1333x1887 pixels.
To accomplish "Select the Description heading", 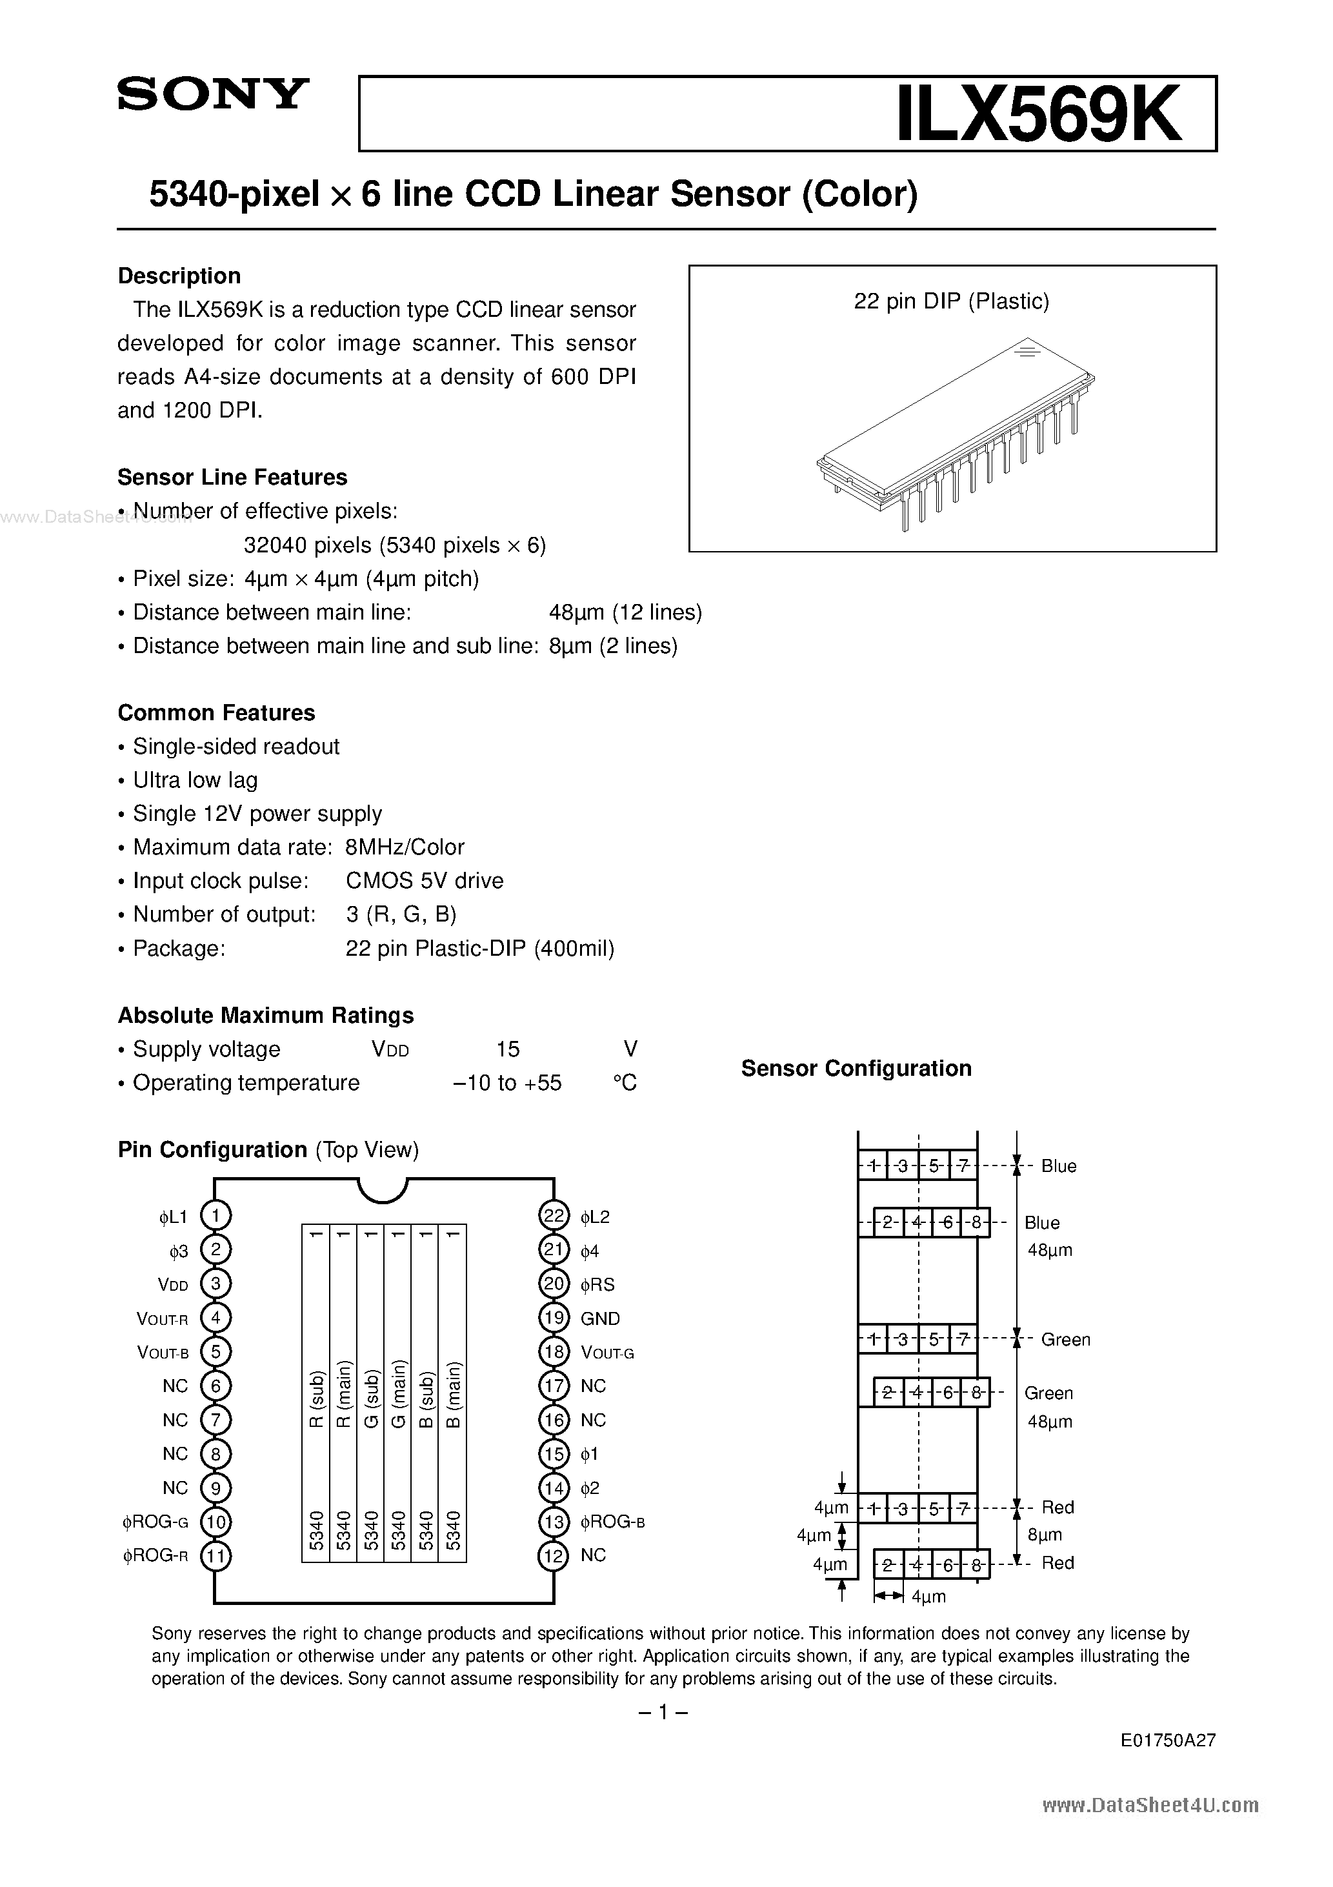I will pos(179,276).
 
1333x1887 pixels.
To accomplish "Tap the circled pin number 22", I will pos(554,1216).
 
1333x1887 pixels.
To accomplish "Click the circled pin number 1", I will pos(215,1216).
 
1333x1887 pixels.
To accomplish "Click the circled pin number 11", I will pos(215,1556).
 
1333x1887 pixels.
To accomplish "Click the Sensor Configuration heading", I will pos(856,1069).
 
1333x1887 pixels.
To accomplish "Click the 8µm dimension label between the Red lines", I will pos(1045,1535).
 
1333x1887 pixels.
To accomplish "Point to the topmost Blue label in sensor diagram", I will pos(1059,1166).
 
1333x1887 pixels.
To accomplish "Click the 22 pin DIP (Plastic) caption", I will pos(952,301).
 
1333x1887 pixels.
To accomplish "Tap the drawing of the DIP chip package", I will pos(954,432).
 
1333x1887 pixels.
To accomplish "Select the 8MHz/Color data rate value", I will pos(405,847).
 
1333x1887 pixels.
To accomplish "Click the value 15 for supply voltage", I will pos(508,1049).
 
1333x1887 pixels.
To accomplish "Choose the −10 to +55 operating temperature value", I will pos(507,1083).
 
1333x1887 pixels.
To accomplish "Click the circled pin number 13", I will pos(554,1522).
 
